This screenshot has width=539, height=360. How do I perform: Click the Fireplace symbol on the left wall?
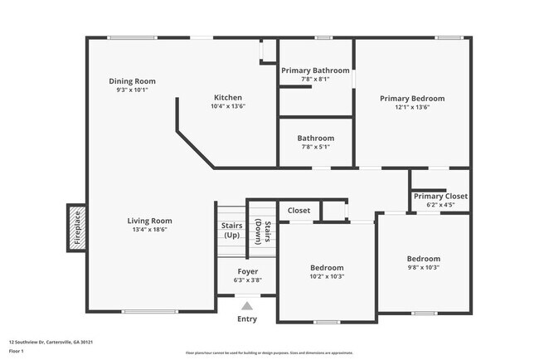[75, 229]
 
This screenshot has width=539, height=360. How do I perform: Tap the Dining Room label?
[133, 81]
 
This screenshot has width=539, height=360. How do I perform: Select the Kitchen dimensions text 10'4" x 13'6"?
[228, 106]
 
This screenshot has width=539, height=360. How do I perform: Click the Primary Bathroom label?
[315, 71]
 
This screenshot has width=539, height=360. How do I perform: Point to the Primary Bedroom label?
[412, 98]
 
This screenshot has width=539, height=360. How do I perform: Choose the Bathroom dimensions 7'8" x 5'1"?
[315, 147]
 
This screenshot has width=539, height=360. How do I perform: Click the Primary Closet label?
[440, 196]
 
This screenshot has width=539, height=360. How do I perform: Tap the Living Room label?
[149, 221]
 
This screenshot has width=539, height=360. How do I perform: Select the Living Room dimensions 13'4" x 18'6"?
[149, 230]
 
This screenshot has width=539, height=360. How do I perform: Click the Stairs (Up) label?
[231, 230]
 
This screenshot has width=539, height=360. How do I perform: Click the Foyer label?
[247, 271]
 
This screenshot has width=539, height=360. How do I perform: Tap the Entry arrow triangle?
[247, 306]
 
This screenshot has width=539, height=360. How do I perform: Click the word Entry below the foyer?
[247, 319]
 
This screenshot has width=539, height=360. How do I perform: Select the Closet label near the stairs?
[299, 211]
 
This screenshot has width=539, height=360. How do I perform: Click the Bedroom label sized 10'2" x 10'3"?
[327, 268]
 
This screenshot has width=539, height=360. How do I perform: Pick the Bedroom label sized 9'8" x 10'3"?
[423, 258]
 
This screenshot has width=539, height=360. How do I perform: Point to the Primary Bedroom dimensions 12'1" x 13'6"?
[412, 107]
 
